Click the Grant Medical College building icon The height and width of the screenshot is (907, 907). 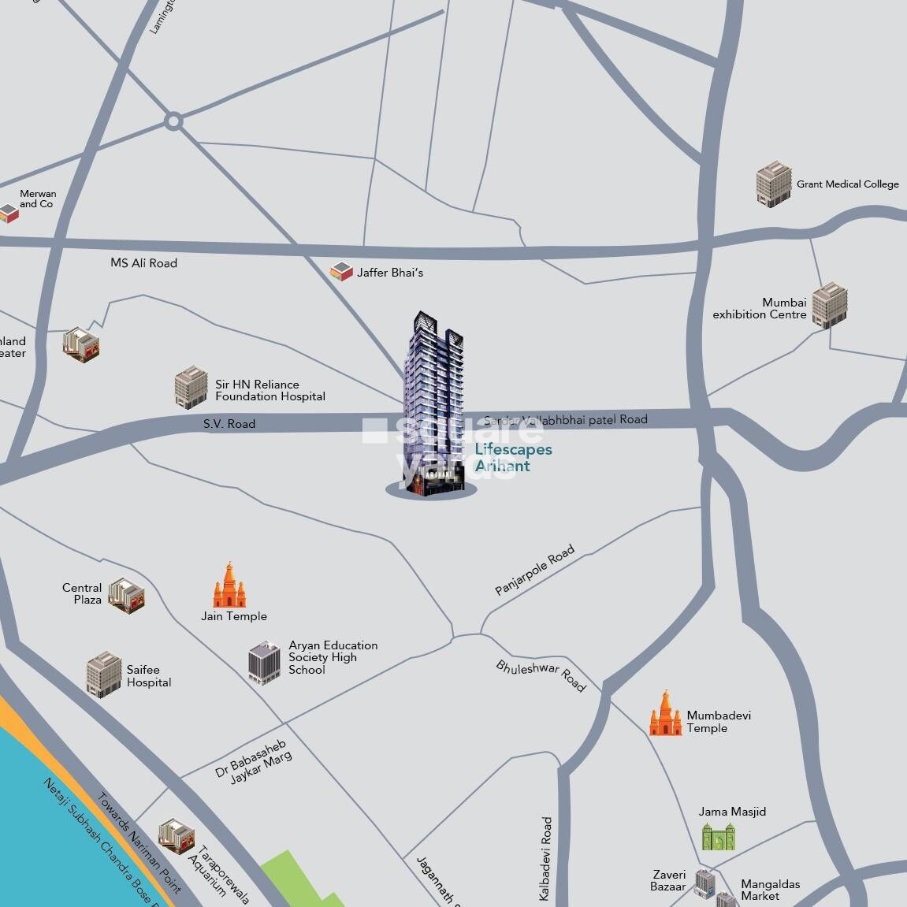coord(773,184)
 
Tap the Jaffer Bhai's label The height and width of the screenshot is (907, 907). coord(390,273)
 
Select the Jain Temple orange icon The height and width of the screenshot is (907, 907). coord(229,585)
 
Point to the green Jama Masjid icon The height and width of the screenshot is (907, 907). coord(718,836)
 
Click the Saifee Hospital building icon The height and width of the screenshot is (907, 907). coord(104,675)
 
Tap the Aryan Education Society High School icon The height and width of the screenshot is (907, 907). coord(264,662)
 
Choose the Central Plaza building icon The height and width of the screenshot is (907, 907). coord(126,595)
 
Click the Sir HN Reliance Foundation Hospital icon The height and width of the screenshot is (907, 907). coord(191,387)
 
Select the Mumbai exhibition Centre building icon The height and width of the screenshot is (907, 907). coord(829,305)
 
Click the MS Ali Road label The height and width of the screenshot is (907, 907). coord(143,263)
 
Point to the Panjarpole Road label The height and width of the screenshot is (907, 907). coord(535,570)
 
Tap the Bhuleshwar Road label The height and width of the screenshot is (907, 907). coord(541,676)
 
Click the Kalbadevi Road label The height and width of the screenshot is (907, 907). coord(545,859)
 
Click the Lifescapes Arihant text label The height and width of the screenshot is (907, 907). coord(513,457)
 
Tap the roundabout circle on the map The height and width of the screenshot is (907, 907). coord(173,121)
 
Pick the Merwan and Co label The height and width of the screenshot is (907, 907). coord(38,199)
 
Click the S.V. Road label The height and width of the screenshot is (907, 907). coord(229,424)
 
